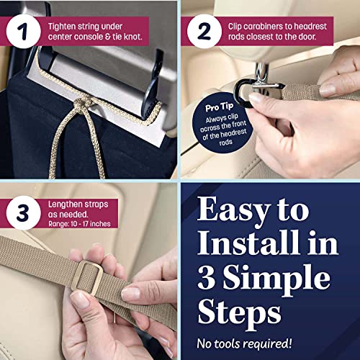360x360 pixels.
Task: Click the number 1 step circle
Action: tap(24, 31)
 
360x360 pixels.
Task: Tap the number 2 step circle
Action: tap(204, 31)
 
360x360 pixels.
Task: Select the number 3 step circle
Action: tap(24, 213)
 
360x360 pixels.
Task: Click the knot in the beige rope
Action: tap(82, 104)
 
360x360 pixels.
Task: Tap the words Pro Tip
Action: tap(219, 107)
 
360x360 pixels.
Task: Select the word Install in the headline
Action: tap(248, 243)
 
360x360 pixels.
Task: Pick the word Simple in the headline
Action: tap(276, 278)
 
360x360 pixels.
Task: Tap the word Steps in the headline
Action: tap(239, 312)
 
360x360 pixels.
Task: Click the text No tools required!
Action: tap(244, 343)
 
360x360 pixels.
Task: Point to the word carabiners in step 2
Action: tap(265, 27)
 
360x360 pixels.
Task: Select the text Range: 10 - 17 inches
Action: tap(79, 224)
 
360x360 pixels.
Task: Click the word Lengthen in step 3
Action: tap(63, 204)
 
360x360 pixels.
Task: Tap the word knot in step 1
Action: tap(132, 37)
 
